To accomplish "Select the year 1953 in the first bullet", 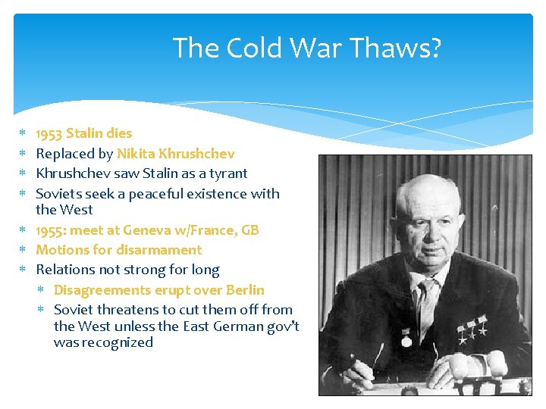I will (49, 133).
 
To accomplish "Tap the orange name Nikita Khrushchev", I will (175, 154).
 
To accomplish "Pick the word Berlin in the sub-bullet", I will (244, 290).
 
